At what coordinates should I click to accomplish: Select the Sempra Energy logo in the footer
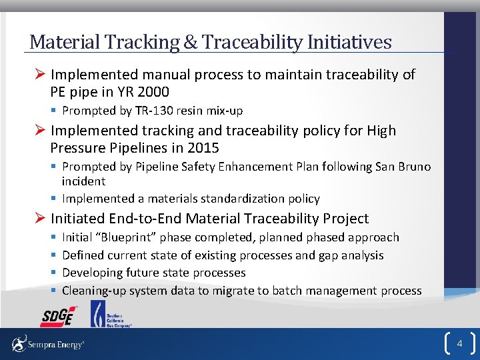47,345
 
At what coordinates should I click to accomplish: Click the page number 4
459,344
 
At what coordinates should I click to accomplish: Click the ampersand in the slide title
190,43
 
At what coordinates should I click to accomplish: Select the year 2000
150,92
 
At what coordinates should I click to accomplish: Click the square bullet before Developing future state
52,273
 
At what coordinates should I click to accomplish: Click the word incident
83,181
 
